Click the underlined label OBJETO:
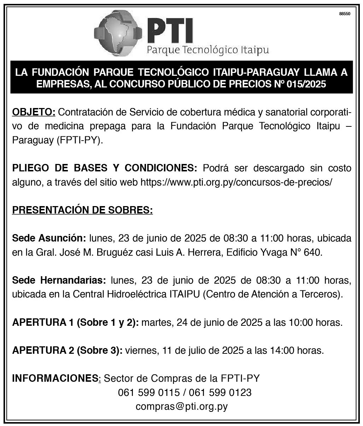tap(34, 113)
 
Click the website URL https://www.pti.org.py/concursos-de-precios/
tap(236, 182)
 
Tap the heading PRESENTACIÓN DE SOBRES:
tap(83, 210)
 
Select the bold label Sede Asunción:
tap(49, 238)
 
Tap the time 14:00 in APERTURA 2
tap(278, 351)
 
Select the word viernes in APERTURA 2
tap(141, 351)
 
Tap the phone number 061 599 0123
tap(220, 393)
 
